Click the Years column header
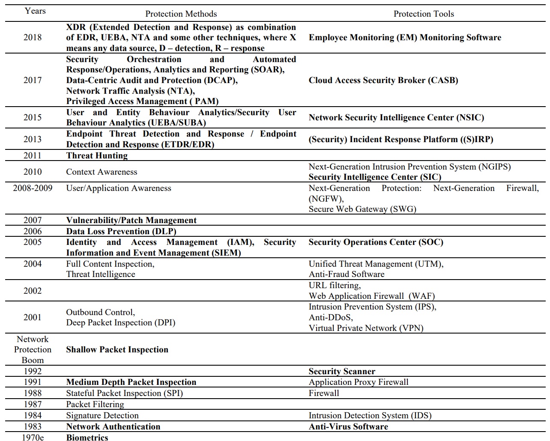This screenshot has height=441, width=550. (x=35, y=11)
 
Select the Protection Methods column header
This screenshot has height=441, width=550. (x=181, y=14)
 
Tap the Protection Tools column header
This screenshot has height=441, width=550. (x=424, y=14)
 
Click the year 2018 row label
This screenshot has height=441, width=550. (x=33, y=37)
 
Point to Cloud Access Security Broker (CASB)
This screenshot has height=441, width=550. (x=383, y=80)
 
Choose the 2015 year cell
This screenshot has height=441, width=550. (x=33, y=117)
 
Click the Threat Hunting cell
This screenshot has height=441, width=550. (x=97, y=155)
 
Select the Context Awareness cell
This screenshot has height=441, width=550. (x=102, y=172)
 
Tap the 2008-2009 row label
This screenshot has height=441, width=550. (x=33, y=188)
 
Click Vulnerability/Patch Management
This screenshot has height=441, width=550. (x=131, y=220)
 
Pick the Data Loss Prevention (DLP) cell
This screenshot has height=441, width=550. (x=121, y=231)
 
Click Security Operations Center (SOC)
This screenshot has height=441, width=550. (x=376, y=242)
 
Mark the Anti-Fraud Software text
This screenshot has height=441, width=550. (x=347, y=274)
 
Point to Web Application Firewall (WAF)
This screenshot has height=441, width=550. (x=371, y=296)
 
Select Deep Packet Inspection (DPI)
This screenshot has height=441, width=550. (x=120, y=322)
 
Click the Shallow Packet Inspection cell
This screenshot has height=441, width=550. (x=117, y=349)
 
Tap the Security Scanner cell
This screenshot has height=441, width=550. (x=342, y=371)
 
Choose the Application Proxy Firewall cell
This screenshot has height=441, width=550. (x=359, y=382)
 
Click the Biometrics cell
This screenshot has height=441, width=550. (x=87, y=437)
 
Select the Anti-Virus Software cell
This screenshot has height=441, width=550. (x=348, y=426)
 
